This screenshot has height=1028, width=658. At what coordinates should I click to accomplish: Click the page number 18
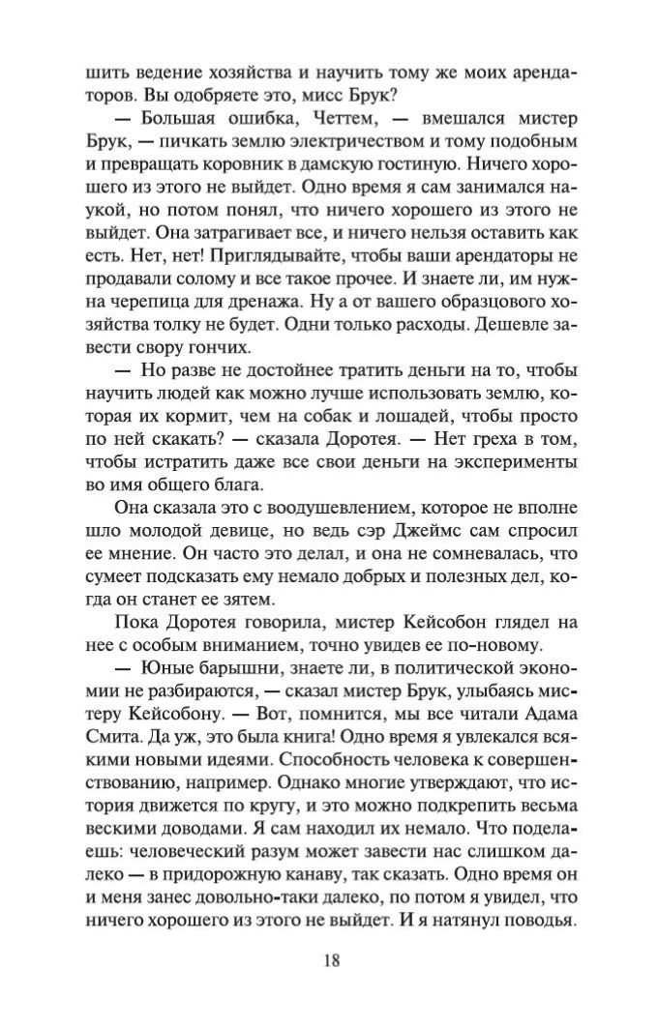tap(329, 961)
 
